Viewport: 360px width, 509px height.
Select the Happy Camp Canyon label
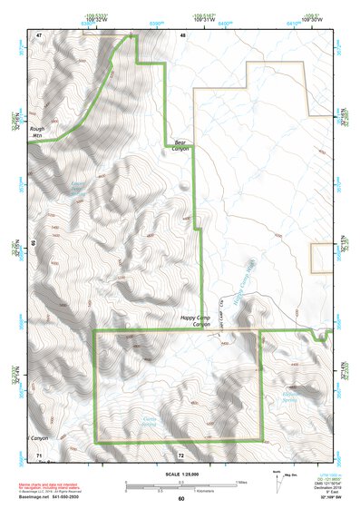coord(190,321)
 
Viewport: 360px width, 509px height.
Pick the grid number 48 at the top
coord(182,34)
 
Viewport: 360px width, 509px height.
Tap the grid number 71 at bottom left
coord(39,453)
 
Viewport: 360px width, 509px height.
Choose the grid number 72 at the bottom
coord(181,453)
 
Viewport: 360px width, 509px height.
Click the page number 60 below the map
coord(180,498)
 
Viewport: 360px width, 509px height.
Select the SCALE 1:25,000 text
coord(180,473)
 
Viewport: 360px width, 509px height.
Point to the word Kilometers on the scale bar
coord(210,492)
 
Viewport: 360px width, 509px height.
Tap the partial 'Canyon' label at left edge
coord(36,437)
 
